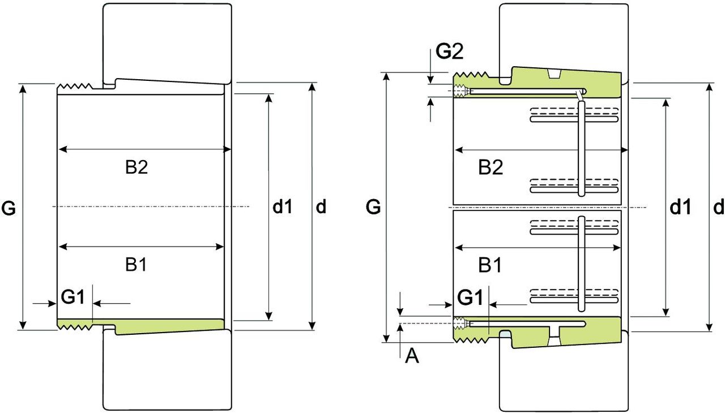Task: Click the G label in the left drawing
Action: point(9,209)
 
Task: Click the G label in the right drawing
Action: point(373,208)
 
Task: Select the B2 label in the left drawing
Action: point(137,167)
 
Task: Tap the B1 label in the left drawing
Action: point(136,265)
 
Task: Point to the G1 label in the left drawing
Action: point(72,296)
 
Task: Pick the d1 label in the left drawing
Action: point(283,208)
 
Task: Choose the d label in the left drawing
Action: point(321,208)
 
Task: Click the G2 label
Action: point(450,52)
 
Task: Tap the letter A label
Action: point(412,356)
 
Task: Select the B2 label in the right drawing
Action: point(491,167)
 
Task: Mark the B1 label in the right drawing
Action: point(490,265)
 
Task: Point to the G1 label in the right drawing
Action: point(470,296)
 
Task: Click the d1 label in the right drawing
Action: point(680,208)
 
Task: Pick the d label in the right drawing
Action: point(718,208)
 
